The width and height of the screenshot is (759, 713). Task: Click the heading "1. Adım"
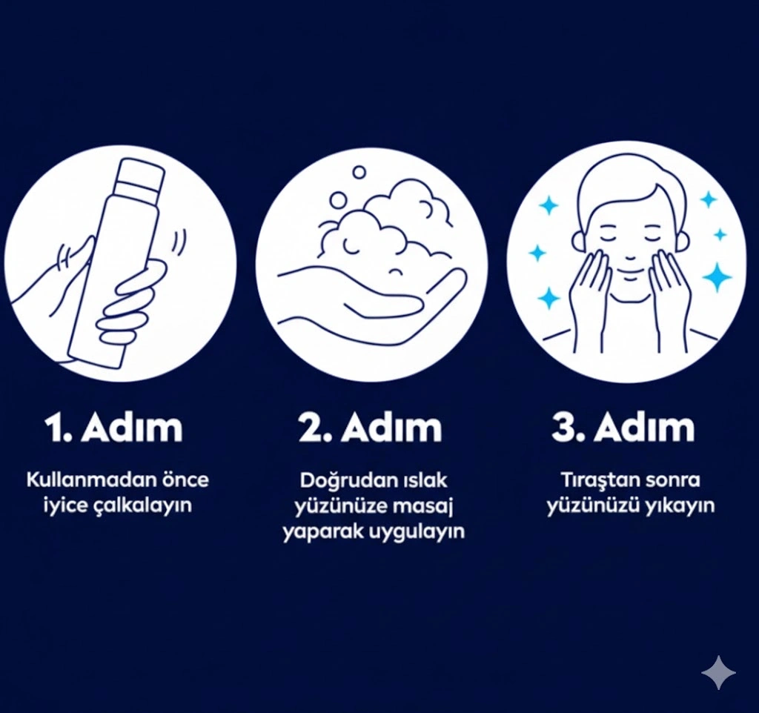[x=114, y=427]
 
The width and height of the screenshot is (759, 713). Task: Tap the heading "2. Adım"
[x=371, y=427]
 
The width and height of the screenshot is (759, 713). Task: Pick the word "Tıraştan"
[x=597, y=480]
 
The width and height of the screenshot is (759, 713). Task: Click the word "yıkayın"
[x=680, y=506]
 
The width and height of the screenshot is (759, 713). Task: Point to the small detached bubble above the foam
[x=359, y=172]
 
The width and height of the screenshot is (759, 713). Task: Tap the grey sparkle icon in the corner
[x=719, y=672]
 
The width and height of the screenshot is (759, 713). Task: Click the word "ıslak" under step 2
[x=425, y=480]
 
